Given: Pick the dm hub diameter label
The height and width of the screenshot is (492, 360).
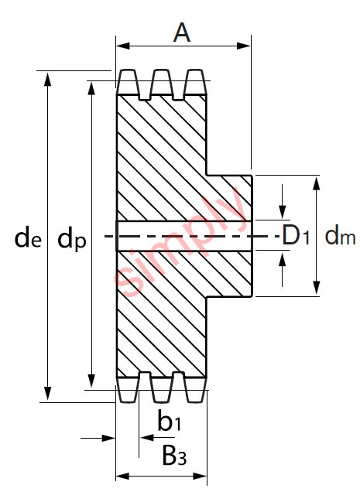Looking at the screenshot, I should (x=339, y=237).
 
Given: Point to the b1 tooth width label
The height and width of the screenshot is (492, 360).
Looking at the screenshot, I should (x=169, y=422).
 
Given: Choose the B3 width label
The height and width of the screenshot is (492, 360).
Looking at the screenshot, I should (x=173, y=457).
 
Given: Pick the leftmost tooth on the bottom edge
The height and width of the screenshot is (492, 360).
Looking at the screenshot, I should (x=127, y=388).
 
